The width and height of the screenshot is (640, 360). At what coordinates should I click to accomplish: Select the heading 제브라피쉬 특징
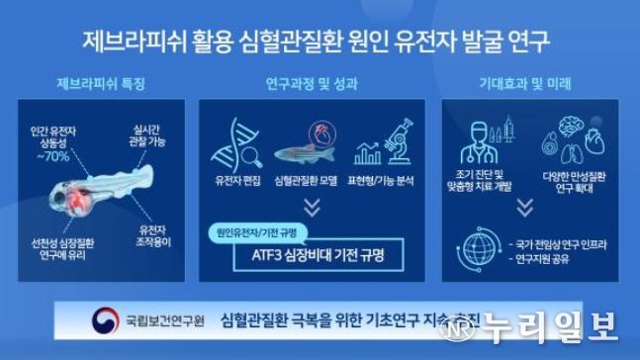coord(102,84)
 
